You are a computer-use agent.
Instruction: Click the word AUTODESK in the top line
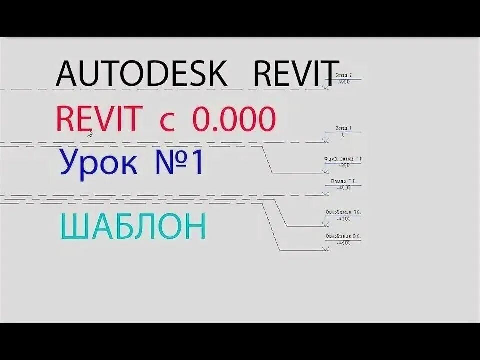click(x=141, y=74)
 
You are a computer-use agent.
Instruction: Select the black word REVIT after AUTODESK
click(x=296, y=74)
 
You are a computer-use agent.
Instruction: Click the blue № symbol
click(x=170, y=163)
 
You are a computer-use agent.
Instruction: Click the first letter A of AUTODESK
click(x=66, y=74)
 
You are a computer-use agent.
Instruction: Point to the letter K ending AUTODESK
click(x=216, y=74)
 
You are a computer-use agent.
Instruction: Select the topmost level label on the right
click(x=343, y=78)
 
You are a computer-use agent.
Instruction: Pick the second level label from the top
click(x=343, y=131)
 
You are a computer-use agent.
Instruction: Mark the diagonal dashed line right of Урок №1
click(x=268, y=160)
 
